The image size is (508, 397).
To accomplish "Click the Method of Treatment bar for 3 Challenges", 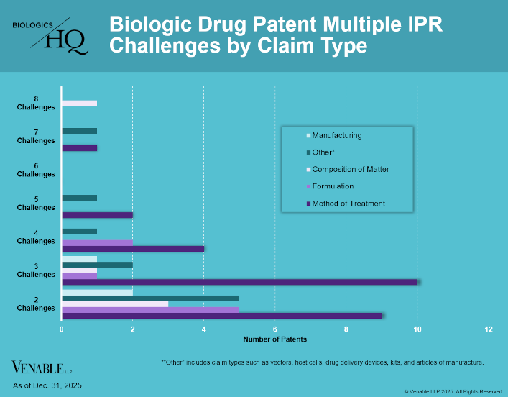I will [x=239, y=282].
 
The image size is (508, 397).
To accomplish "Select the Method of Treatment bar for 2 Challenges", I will [x=222, y=315].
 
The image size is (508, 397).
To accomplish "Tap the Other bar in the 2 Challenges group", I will [x=150, y=298].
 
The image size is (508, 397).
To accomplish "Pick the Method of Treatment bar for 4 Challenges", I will [x=133, y=249].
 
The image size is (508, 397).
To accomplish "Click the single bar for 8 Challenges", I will [x=79, y=103].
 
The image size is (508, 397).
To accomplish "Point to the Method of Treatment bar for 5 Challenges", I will [x=97, y=215].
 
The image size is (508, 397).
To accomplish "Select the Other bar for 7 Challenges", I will [x=79, y=131].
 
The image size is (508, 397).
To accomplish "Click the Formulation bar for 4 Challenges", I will [x=97, y=242].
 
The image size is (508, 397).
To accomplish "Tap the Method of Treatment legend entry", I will [x=348, y=204].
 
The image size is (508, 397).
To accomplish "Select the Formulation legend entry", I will [x=332, y=186].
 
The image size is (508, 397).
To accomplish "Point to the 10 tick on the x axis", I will [x=417, y=329].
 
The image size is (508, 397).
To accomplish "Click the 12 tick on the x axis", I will [x=489, y=329].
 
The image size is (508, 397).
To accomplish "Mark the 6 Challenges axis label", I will [x=36, y=170].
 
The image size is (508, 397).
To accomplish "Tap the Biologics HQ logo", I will [x=50, y=36].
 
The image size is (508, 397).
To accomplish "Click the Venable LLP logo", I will [x=40, y=369].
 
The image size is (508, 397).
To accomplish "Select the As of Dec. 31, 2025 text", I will [x=47, y=386].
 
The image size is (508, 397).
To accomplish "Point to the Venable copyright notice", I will [x=453, y=391].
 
